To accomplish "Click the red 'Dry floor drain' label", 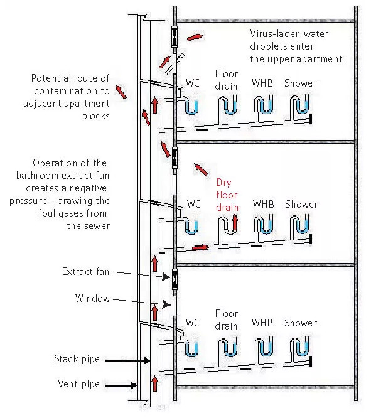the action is (227, 195).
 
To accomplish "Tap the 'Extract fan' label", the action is (85, 271).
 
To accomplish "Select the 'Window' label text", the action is (92, 298).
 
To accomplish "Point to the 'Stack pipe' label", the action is (77, 359).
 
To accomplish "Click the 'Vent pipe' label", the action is (78, 384).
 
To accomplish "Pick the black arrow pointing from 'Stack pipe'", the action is (128, 361).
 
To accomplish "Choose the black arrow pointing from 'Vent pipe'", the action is (121, 385).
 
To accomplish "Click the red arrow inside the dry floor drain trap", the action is (235, 222).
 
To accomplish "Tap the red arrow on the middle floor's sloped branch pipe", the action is (200, 248).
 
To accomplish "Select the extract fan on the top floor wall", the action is (174, 37).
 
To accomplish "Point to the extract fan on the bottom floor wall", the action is (175, 279).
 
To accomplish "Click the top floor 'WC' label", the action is (193, 83).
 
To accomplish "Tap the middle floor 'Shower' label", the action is (301, 205).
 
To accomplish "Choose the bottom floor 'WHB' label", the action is (262, 323).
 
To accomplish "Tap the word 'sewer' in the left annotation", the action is (96, 226).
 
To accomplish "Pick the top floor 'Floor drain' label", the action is (227, 80).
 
